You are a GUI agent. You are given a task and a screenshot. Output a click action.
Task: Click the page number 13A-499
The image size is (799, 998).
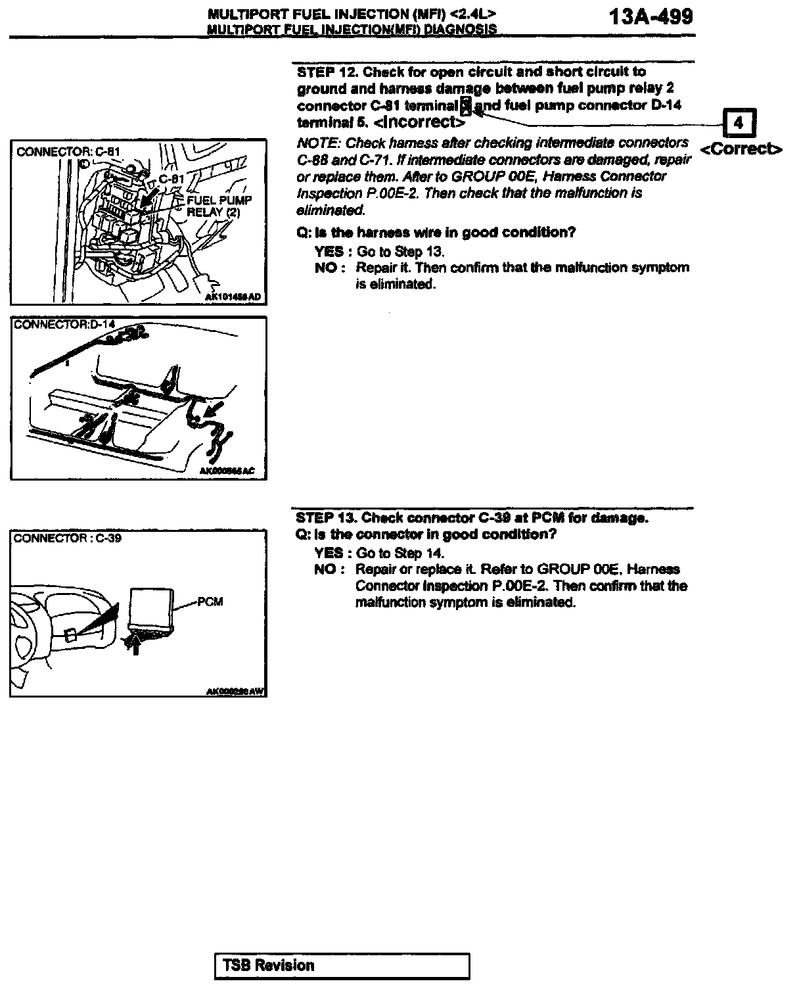tap(651, 16)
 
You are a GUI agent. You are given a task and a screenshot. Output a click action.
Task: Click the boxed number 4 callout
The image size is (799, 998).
tap(739, 123)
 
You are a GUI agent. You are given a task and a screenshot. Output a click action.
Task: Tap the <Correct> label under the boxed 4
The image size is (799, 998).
tap(741, 149)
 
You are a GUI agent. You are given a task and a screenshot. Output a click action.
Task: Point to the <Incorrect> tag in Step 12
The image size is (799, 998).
tap(419, 122)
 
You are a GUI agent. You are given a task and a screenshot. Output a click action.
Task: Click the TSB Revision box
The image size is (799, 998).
tap(342, 966)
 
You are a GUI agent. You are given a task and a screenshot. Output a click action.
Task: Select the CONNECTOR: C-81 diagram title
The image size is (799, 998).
tap(68, 152)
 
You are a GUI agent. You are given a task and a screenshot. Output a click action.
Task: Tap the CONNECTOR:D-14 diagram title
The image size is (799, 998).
tap(64, 325)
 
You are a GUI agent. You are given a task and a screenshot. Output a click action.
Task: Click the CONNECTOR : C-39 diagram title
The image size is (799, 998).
tap(67, 538)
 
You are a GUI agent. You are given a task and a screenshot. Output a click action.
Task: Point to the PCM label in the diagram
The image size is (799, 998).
tap(210, 602)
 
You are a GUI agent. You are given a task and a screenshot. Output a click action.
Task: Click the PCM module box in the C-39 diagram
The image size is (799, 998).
tap(151, 609)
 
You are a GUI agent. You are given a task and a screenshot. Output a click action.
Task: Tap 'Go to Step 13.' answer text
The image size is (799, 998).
tap(401, 252)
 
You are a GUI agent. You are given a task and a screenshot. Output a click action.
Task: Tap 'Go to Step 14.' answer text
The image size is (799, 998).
tap(400, 554)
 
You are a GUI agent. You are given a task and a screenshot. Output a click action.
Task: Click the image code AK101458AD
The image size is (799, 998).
tap(233, 297)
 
